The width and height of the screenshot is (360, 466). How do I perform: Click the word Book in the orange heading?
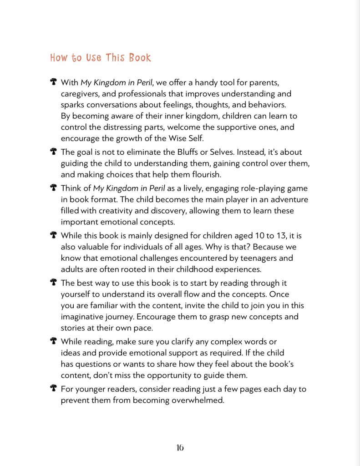tap(140, 58)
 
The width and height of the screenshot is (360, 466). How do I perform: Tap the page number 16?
tap(180, 447)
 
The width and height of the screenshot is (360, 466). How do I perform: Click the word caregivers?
tap(81, 94)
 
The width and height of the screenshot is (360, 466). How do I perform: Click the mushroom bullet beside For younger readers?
tap(53, 388)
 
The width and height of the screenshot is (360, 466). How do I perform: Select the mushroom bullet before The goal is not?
tap(53, 152)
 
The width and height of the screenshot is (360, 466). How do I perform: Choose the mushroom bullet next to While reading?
tap(53, 341)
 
